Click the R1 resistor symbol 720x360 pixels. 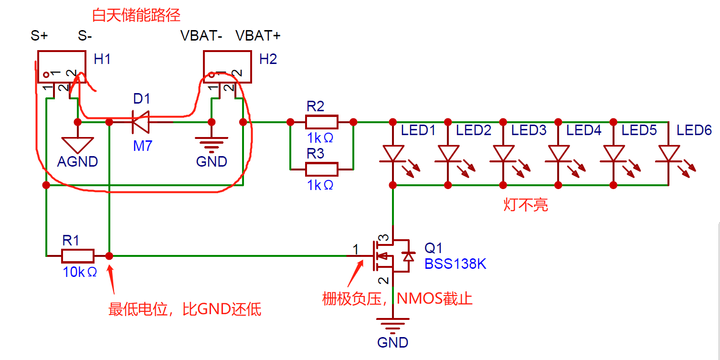(x=78, y=256)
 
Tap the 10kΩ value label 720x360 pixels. (x=80, y=272)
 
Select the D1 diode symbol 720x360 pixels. (x=141, y=122)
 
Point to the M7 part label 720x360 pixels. (x=142, y=146)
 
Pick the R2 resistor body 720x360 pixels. (x=321, y=122)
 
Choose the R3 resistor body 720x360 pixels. (x=321, y=169)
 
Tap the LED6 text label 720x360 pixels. (x=694, y=130)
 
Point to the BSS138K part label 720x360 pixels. (x=455, y=264)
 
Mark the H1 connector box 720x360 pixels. (x=62, y=67)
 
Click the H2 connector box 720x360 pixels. (x=227, y=67)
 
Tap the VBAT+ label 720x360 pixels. (x=258, y=35)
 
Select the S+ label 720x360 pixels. (x=39, y=35)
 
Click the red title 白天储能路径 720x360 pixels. (x=136, y=15)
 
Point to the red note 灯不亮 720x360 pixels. (x=526, y=204)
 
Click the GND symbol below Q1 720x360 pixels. (x=393, y=325)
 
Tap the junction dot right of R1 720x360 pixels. (x=109, y=256)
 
